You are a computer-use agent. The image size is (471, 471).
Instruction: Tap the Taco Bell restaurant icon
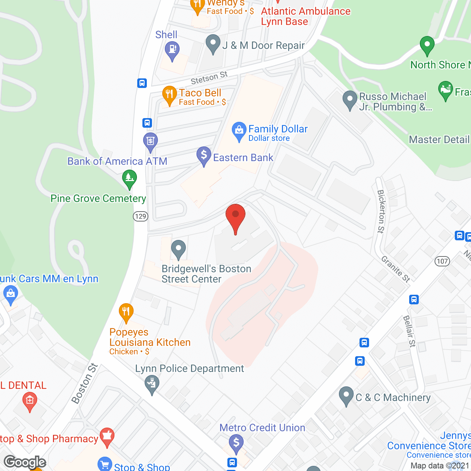click(x=169, y=95)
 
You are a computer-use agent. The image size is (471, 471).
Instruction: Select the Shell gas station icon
click(x=172, y=49)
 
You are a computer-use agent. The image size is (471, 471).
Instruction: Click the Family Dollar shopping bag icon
click(x=239, y=130)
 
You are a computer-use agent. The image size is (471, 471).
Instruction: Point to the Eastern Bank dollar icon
click(x=204, y=155)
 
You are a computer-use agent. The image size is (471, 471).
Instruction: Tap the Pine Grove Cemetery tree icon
click(x=129, y=178)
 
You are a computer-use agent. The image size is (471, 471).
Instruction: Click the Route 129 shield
click(x=141, y=216)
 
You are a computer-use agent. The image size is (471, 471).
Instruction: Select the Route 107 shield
click(x=442, y=261)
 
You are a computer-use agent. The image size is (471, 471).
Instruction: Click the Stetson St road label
click(x=209, y=78)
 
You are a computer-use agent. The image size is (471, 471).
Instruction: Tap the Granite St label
click(x=396, y=269)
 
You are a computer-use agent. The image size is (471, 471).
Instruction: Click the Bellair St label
click(x=409, y=331)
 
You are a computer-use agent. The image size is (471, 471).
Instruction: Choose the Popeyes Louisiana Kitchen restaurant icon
click(x=126, y=312)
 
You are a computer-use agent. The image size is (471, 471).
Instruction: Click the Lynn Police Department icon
click(x=152, y=383)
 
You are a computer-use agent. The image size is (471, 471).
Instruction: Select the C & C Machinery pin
click(x=346, y=396)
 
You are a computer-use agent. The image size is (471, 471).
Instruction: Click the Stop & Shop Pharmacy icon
click(x=107, y=436)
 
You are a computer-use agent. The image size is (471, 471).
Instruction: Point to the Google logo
click(x=25, y=462)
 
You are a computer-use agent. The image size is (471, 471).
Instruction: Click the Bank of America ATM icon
click(x=150, y=141)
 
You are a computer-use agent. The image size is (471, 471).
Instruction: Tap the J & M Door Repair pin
click(x=213, y=43)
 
